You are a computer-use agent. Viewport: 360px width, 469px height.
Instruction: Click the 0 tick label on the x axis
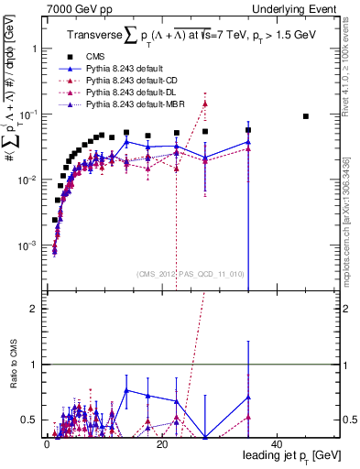point(47,443)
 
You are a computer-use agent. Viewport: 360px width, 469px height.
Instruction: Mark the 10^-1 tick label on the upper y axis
point(27,115)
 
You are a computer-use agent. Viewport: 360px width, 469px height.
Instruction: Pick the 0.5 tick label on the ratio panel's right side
point(348,420)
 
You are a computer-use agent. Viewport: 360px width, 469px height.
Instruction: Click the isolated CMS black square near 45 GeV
point(306,116)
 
